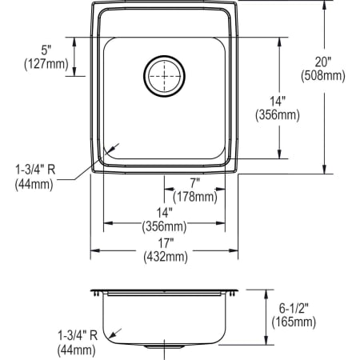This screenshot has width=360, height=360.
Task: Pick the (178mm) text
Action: pyautogui.click(x=194, y=197)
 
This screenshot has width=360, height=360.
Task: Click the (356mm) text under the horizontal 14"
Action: pyautogui.click(x=165, y=226)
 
